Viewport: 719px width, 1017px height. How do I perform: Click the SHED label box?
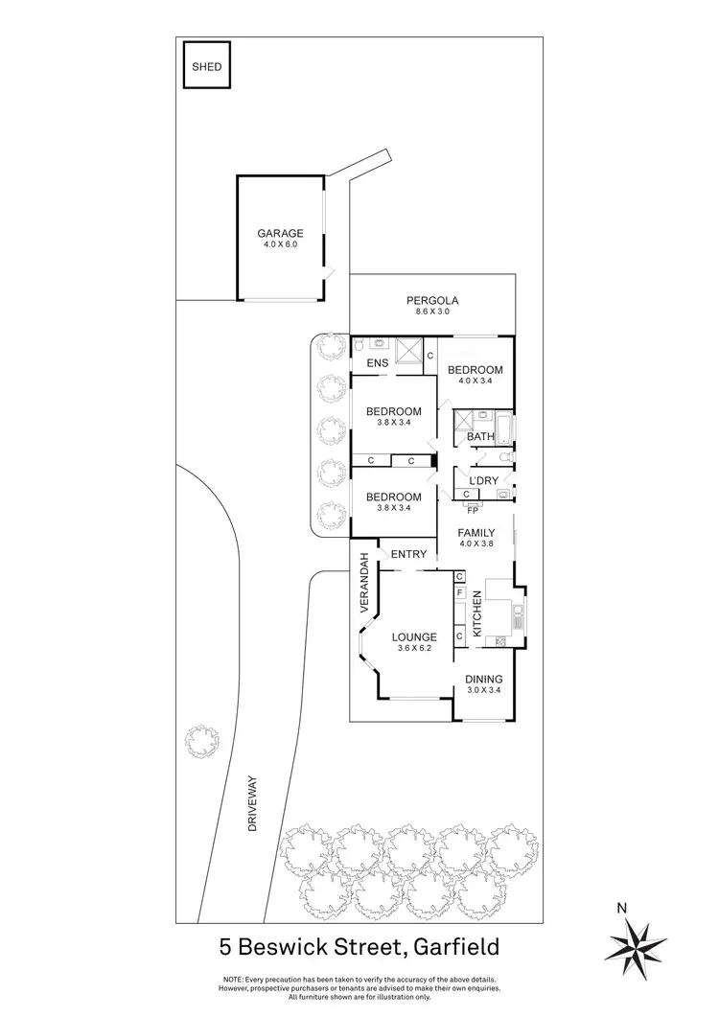click(206, 67)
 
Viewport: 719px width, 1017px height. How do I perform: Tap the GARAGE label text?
click(280, 233)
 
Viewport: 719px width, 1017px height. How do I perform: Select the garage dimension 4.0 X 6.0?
click(280, 245)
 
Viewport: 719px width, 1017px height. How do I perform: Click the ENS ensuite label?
click(377, 363)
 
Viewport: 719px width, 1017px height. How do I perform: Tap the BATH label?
click(479, 437)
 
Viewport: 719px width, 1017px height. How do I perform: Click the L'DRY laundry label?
click(481, 479)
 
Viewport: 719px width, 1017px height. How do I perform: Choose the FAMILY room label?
click(475, 533)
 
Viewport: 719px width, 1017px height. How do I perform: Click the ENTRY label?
click(408, 554)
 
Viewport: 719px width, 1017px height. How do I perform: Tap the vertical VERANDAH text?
click(364, 584)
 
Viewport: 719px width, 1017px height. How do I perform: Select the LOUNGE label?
click(414, 636)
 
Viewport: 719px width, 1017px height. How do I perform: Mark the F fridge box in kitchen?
click(460, 594)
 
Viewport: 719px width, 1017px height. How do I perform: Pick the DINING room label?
click(483, 679)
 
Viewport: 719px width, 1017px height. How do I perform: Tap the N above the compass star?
click(621, 907)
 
